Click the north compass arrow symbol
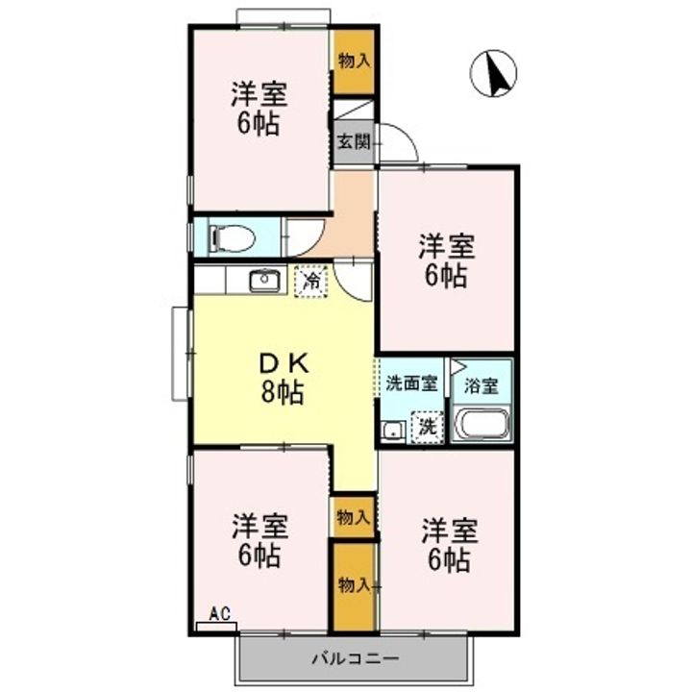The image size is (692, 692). [x=496, y=74]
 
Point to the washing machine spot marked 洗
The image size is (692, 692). [x=427, y=427]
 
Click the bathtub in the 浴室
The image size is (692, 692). [x=481, y=425]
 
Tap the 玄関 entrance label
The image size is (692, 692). [x=353, y=141]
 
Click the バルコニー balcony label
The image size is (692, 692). [x=355, y=660]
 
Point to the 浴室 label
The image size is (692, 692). [x=481, y=386]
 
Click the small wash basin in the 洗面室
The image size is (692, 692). [x=391, y=430]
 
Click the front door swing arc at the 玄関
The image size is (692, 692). [x=398, y=142]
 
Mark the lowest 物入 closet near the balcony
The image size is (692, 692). [x=354, y=584]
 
